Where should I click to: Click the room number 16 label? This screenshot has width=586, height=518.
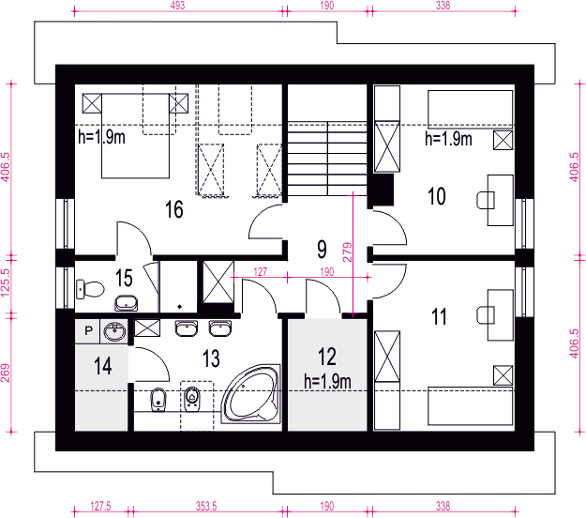click(174, 209)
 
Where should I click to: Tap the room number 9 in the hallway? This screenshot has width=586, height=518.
click(322, 249)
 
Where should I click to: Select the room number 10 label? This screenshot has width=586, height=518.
click(437, 196)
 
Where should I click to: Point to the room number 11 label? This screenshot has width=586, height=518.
click(439, 316)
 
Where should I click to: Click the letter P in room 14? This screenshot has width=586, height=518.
click(88, 330)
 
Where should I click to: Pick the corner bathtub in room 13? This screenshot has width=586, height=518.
click(250, 394)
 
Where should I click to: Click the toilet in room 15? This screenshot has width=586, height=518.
click(90, 289)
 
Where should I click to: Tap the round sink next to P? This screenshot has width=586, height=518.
click(114, 331)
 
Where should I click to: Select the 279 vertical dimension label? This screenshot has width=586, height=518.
click(347, 251)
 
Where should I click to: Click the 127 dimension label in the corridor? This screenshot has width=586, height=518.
click(260, 271)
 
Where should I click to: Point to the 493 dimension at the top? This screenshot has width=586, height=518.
click(177, 6)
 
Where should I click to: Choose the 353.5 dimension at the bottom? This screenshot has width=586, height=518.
click(206, 507)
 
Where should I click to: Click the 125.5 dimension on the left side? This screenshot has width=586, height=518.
click(6, 282)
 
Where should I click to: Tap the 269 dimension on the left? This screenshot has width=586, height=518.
click(6, 373)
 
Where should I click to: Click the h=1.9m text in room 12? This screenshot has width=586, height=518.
click(327, 382)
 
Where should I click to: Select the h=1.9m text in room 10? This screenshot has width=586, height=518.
click(448, 139)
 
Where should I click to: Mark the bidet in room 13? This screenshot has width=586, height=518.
click(158, 400)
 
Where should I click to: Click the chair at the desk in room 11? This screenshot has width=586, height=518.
click(486, 314)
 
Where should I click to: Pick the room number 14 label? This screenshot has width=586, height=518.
click(102, 366)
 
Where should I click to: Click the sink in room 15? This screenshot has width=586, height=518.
click(126, 303)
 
